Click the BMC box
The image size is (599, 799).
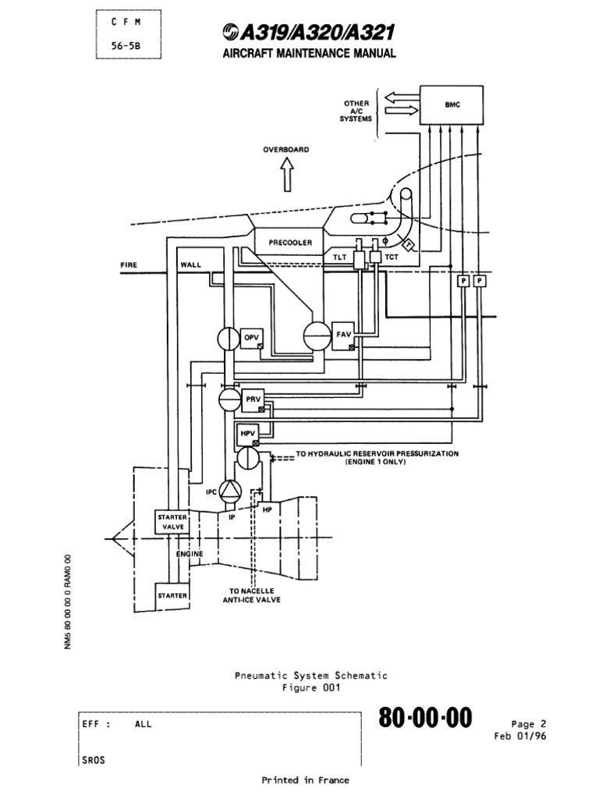[458, 105]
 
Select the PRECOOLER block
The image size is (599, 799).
[290, 243]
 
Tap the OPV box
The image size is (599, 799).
[252, 338]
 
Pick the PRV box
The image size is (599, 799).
[253, 399]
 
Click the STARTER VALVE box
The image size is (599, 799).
[172, 522]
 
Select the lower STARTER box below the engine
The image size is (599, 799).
[172, 595]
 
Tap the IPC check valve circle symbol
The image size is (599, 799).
[231, 490]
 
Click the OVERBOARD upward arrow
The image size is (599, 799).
[286, 176]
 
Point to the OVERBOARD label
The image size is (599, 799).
[286, 150]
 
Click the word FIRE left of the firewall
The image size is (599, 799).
[129, 265]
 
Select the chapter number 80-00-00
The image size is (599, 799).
[426, 719]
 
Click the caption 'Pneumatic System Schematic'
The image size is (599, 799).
[310, 675]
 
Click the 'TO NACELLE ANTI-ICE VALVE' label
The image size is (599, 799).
[255, 595]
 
